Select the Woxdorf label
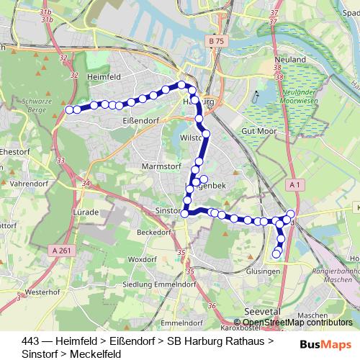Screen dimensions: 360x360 (x=141, y=258)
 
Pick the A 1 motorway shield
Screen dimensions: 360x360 (x=294, y=184)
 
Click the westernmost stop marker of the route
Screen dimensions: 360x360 (x=70, y=109)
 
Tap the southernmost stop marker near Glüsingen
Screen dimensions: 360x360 (x=276, y=253)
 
